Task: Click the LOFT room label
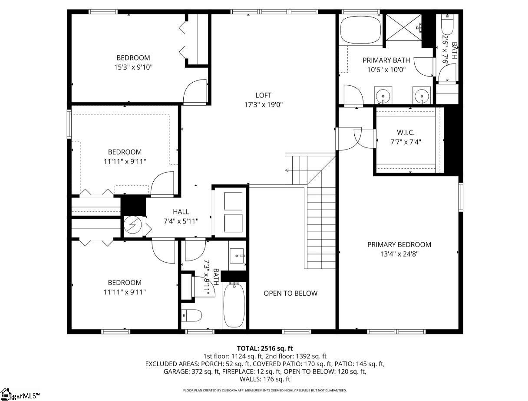tap(263, 95)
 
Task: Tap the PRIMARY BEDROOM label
tap(399, 244)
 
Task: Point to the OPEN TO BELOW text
tap(290, 293)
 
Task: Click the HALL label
tap(181, 212)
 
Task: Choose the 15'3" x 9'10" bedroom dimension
tap(133, 67)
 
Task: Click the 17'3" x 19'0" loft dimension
tap(264, 104)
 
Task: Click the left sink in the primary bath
tap(383, 95)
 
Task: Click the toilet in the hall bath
tap(191, 315)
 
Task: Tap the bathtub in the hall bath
tap(234, 305)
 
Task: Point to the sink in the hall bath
tap(237, 256)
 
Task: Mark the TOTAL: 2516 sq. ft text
tap(265, 348)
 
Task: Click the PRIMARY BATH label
tap(386, 60)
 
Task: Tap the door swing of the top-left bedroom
tap(194, 92)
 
